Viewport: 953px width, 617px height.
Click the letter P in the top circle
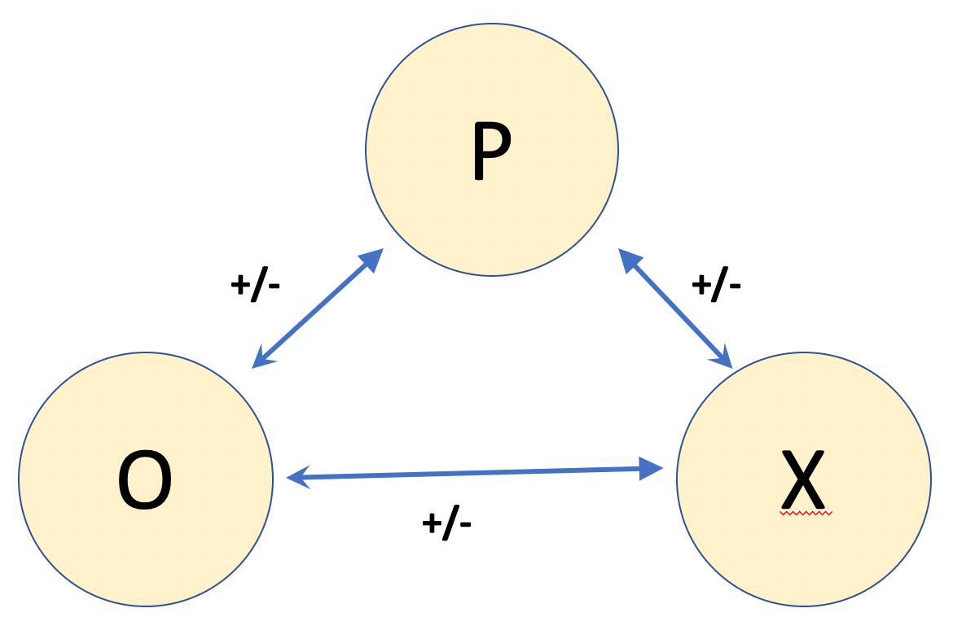(491, 151)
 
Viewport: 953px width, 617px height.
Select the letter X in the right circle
(803, 479)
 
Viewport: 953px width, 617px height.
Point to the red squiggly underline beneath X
(806, 514)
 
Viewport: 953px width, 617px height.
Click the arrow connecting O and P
(318, 308)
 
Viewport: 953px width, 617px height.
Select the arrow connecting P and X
(675, 308)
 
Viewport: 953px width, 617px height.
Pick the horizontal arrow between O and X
(475, 473)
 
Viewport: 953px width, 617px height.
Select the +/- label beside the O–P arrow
(255, 285)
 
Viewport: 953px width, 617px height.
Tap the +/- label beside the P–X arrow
(716, 285)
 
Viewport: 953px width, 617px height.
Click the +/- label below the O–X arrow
(446, 523)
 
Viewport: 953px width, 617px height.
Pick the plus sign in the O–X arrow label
(432, 523)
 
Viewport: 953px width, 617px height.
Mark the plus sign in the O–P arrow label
(240, 285)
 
